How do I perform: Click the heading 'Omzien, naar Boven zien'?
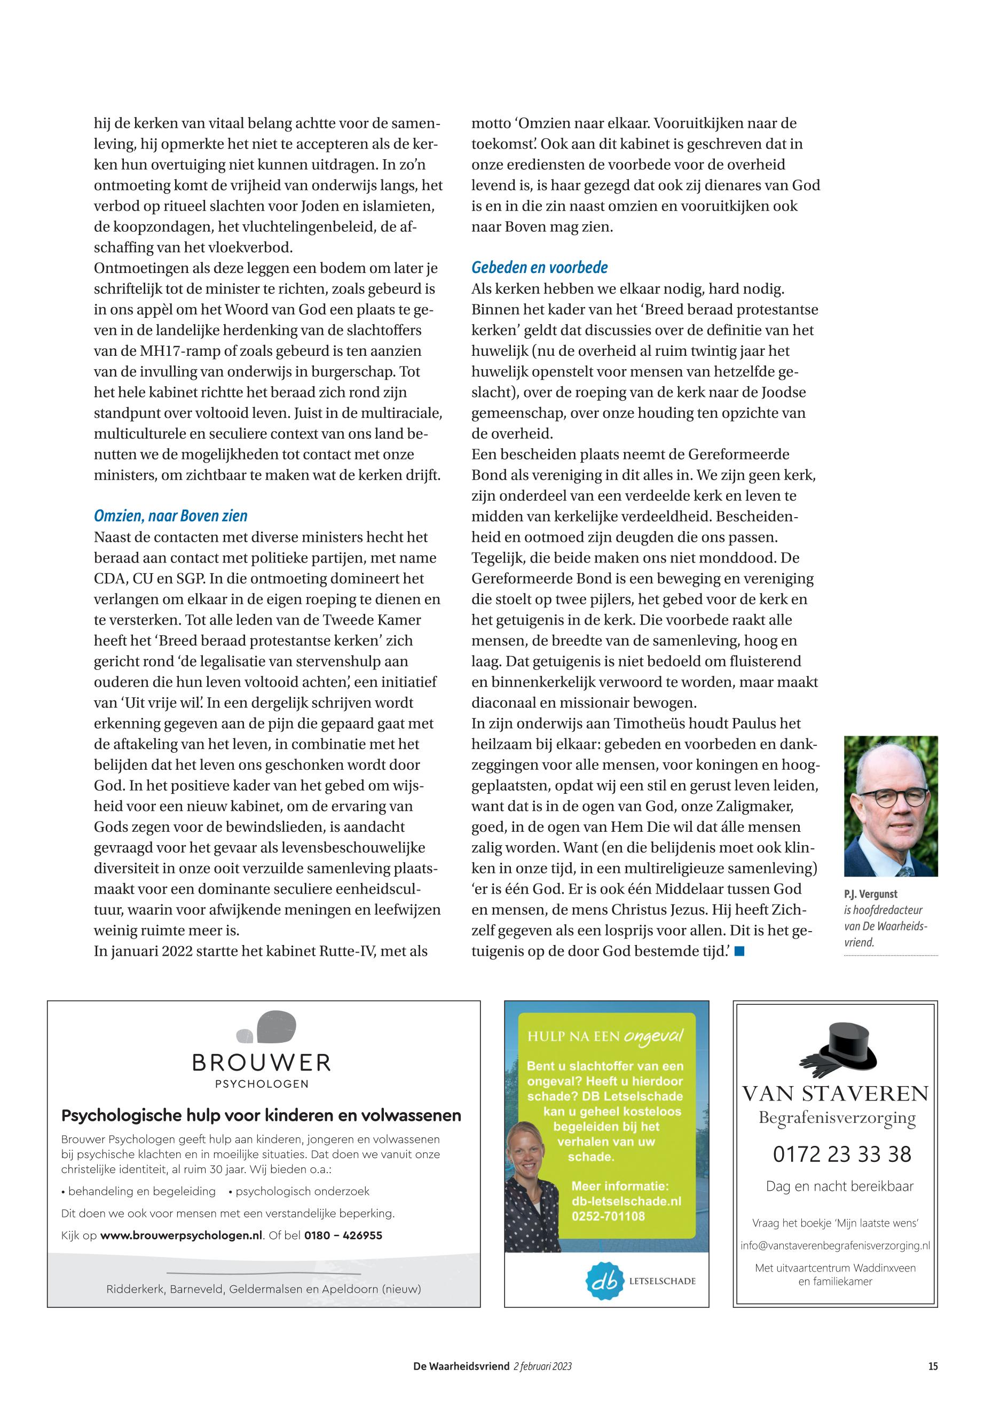(x=170, y=516)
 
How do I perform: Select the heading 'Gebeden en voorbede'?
(x=539, y=268)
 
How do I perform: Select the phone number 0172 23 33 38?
(x=842, y=1153)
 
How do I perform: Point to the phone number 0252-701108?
(x=608, y=1216)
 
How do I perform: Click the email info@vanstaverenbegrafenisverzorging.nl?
(x=835, y=1246)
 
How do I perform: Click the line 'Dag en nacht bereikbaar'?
(x=839, y=1186)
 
